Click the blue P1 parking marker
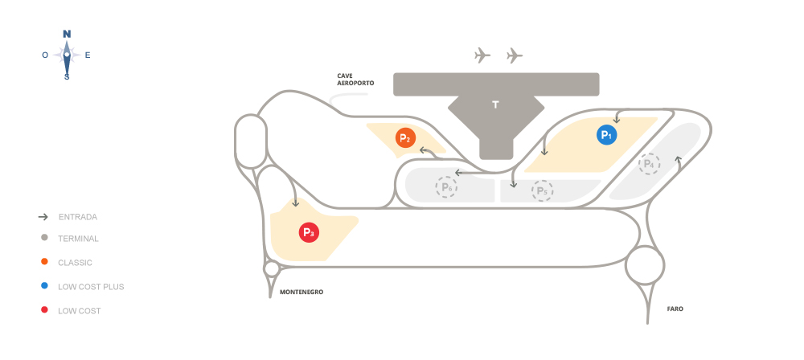pos(606,135)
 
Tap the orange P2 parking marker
pos(405,138)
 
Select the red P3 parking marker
pos(309,233)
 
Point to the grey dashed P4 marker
pos(649,165)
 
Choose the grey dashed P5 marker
pos(542,190)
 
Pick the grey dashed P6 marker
pos(445,187)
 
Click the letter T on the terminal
pos(495,104)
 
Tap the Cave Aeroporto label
pos(351,79)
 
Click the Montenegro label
pos(301,292)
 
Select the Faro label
pos(675,308)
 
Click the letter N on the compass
pos(67,34)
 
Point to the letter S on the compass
pos(67,77)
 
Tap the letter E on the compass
pos(88,55)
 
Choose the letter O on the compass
pos(45,55)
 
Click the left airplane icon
pos(482,55)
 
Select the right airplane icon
pos(515,55)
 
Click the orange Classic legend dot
pos(44,262)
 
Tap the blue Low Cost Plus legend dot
pos(44,286)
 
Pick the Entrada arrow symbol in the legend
pos(44,217)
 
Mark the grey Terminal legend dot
pos(44,238)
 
